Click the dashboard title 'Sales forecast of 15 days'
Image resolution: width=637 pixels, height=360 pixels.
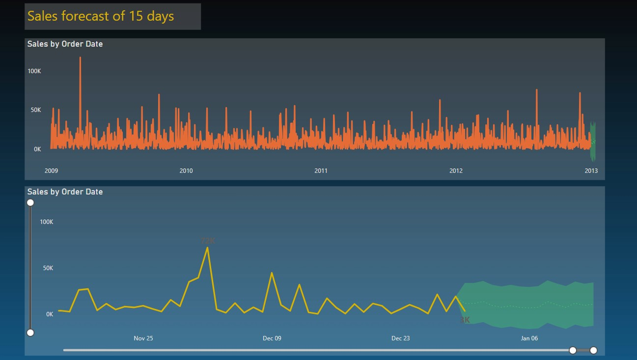coord(101,16)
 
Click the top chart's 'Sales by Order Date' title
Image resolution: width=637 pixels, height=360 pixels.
coord(65,44)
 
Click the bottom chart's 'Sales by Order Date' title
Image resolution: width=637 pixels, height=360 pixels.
coord(65,192)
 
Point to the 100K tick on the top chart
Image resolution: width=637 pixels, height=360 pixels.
coord(34,71)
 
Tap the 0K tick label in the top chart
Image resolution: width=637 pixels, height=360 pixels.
coord(37,149)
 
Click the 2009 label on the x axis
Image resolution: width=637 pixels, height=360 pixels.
coord(51,171)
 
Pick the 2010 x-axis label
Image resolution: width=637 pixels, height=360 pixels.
coord(186,171)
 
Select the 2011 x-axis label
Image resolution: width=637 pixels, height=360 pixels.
coord(321,171)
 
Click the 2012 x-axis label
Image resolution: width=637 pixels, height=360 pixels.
coord(456,171)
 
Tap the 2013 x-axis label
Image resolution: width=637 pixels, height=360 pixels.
coord(591,171)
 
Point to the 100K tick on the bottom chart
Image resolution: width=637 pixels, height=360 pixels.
coord(47,222)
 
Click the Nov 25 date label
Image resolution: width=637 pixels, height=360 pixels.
coord(143,338)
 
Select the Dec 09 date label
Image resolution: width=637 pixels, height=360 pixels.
coord(272,338)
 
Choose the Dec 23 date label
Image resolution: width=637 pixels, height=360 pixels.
coord(401,338)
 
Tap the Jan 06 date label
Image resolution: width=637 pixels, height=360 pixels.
coord(529,338)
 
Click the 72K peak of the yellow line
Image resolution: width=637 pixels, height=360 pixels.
coord(208,248)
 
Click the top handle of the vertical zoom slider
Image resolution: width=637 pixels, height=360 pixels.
coord(30,203)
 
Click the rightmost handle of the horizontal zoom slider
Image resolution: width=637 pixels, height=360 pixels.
coord(593,350)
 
